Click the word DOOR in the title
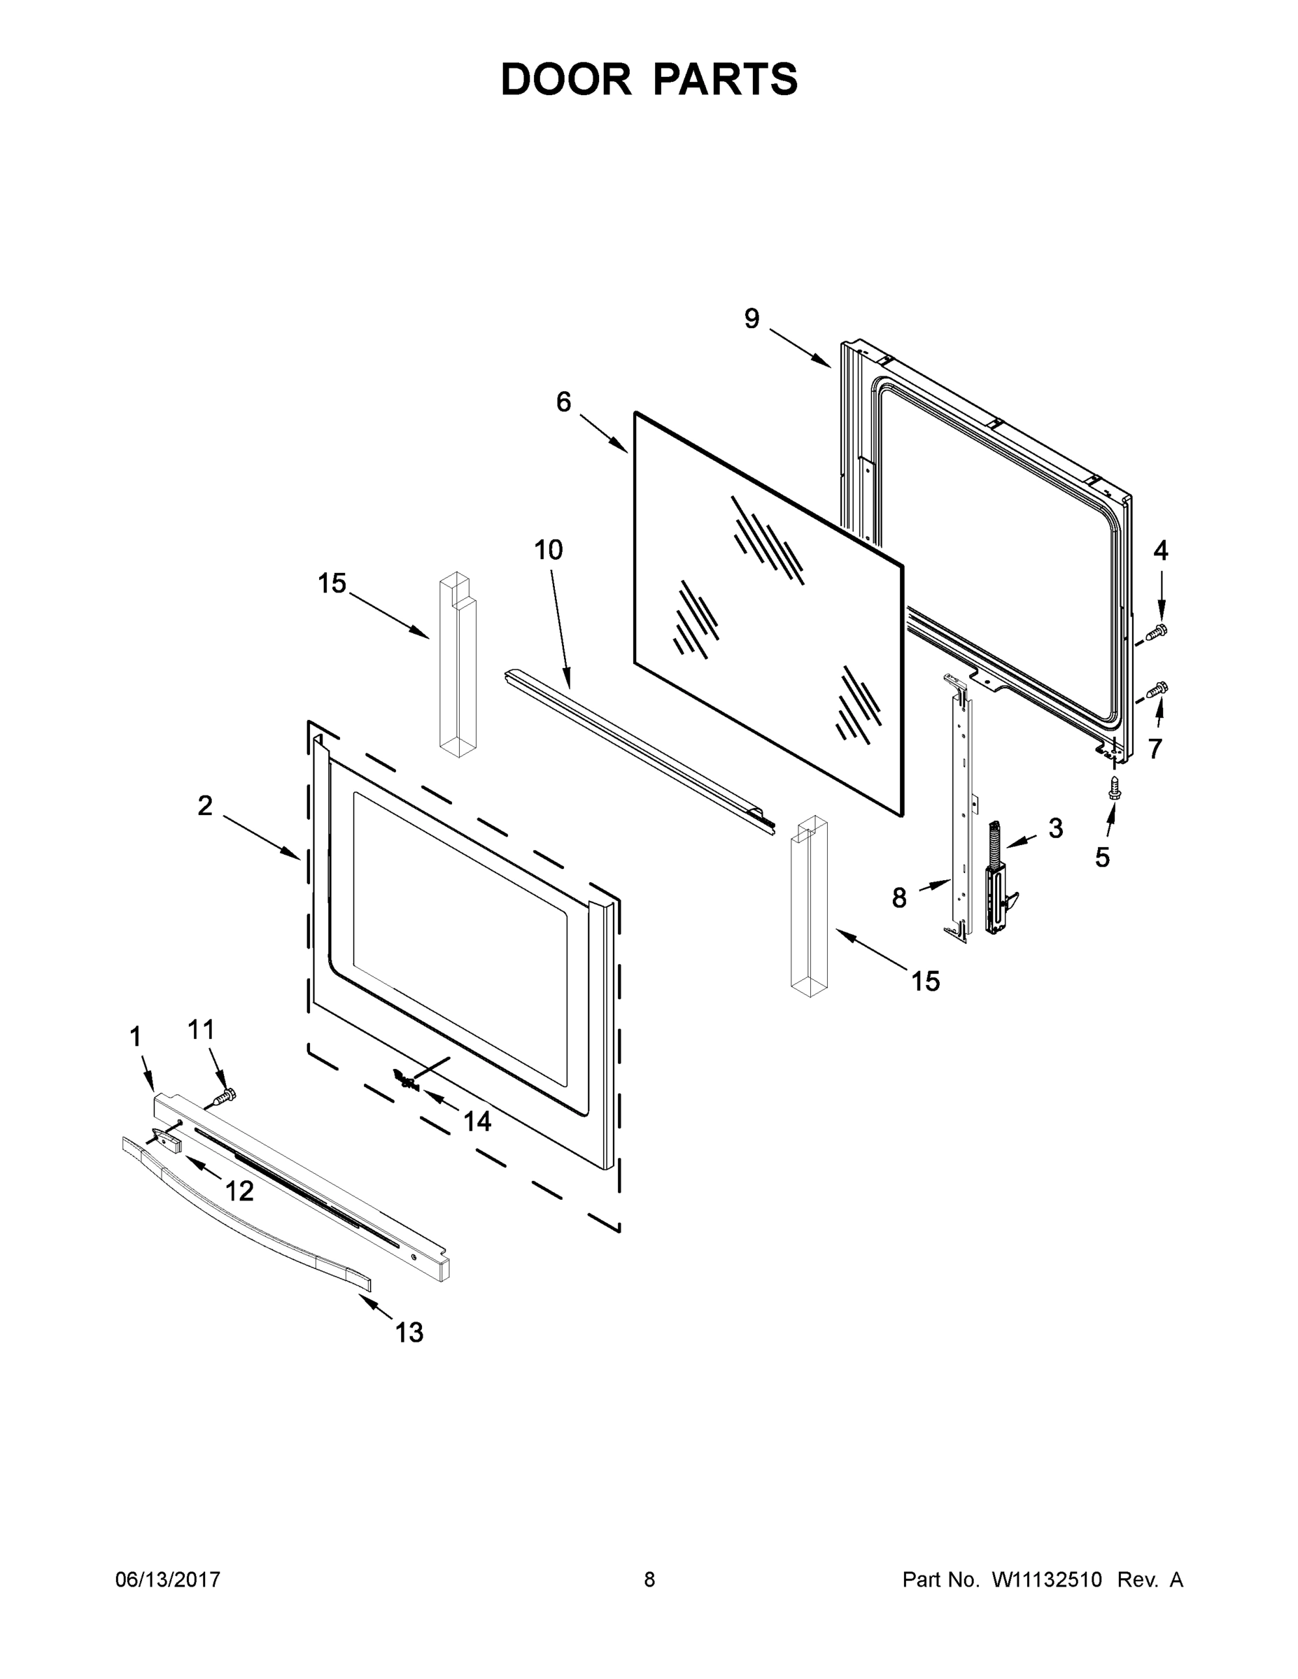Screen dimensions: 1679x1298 click(x=566, y=79)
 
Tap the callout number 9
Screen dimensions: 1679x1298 click(x=752, y=318)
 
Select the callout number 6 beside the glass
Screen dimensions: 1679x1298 click(x=564, y=402)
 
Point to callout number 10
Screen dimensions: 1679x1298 click(x=549, y=550)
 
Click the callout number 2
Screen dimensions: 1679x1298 click(x=204, y=806)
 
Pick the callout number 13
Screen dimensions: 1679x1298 click(x=409, y=1332)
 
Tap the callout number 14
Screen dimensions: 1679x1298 click(x=477, y=1121)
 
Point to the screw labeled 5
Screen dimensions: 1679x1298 click(x=1113, y=788)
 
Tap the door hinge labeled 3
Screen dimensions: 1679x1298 click(x=997, y=880)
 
